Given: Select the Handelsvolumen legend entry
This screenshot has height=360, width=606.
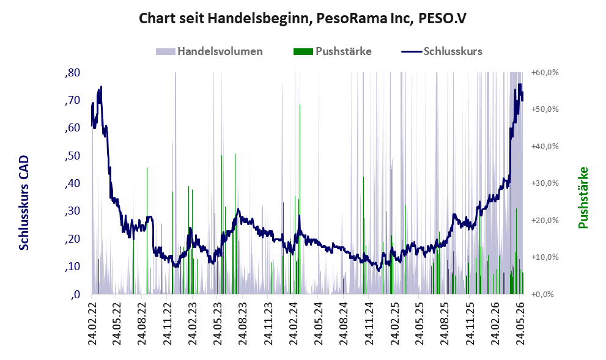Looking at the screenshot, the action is pyautogui.click(x=209, y=51).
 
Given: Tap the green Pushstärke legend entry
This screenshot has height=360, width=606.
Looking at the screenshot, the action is pyautogui.click(x=333, y=51).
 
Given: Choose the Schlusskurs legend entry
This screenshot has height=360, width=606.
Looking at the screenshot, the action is pyautogui.click(x=442, y=51).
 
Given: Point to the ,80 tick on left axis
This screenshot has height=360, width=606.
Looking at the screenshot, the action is pyautogui.click(x=73, y=73).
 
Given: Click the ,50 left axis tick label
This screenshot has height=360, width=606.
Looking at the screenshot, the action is pyautogui.click(x=73, y=156).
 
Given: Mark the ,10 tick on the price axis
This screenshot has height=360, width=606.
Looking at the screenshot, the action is pyautogui.click(x=73, y=266).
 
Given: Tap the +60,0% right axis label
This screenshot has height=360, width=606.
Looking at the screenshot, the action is pyautogui.click(x=545, y=73).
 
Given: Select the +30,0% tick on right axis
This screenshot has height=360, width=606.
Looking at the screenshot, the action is pyautogui.click(x=545, y=183).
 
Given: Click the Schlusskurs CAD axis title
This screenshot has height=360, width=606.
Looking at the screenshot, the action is pyautogui.click(x=24, y=203).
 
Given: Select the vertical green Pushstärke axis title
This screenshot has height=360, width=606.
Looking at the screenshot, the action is pyautogui.click(x=583, y=198).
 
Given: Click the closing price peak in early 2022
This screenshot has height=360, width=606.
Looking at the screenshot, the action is pyautogui.click(x=102, y=87).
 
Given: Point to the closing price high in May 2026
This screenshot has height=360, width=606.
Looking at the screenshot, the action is pyautogui.click(x=520, y=84).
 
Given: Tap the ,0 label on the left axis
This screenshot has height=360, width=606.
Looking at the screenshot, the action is pyautogui.click(x=75, y=295).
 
